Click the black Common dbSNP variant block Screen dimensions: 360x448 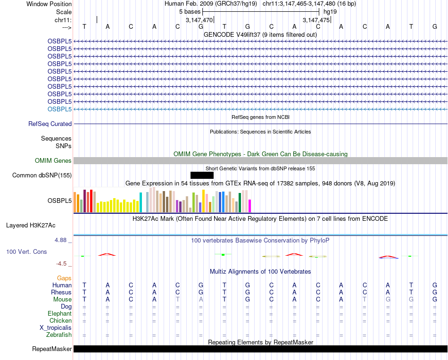(202, 176)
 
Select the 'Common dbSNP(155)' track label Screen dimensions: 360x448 (42, 176)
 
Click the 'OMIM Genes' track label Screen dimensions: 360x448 (53, 161)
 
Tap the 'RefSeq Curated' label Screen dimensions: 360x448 (50, 124)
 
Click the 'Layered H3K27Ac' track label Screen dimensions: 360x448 (39, 225)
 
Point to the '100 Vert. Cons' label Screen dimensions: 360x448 (26, 252)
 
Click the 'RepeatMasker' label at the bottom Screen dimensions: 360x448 (52, 349)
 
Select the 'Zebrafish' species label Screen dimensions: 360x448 (59, 335)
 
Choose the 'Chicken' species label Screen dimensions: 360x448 (60, 321)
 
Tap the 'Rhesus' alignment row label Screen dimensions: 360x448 (61, 293)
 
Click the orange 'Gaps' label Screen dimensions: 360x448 (64, 278)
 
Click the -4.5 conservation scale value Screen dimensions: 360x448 (62, 264)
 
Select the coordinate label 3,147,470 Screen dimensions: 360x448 (199, 20)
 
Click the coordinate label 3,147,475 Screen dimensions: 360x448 (316, 20)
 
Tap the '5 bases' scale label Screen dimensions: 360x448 (190, 11)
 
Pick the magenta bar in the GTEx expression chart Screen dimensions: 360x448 (249, 206)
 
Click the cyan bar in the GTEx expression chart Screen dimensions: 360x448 (141, 202)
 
